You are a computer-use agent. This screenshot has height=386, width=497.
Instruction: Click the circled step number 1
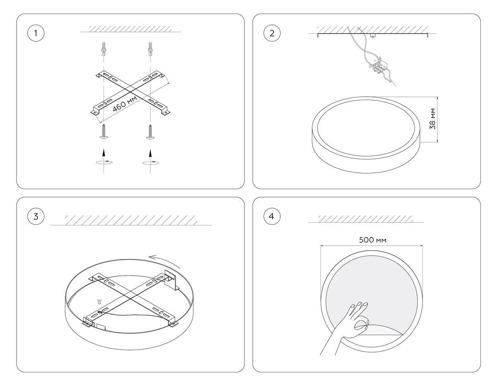coord(36,34)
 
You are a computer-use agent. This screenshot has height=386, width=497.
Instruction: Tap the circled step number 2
coord(272,34)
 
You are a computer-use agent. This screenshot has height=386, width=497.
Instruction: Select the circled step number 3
coord(36,216)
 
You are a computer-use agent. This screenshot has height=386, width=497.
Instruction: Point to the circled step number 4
coord(272,216)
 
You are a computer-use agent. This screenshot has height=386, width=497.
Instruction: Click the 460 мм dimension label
coord(125,104)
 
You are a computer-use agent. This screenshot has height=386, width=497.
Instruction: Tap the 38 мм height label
coord(432,119)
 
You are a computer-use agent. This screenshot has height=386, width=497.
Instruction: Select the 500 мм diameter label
coord(373,240)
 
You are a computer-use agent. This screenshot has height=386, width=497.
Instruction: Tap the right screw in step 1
coord(150,132)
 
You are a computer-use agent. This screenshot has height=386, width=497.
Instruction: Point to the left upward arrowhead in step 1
coord(104,152)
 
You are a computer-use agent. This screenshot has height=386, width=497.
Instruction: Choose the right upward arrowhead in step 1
coord(150,153)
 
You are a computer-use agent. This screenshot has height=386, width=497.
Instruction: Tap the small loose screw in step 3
coord(99,302)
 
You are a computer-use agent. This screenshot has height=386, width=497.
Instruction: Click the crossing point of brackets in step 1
coord(130,92)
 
